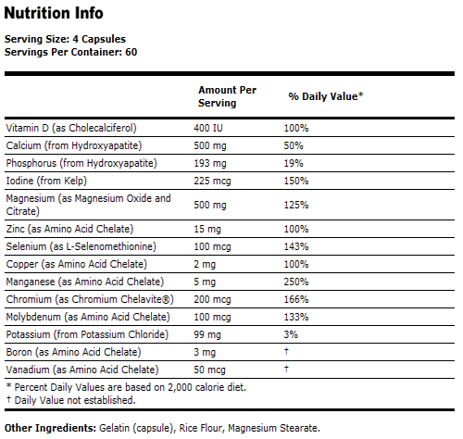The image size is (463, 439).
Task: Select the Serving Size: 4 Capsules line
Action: (65, 39)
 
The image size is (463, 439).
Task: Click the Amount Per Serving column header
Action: (227, 96)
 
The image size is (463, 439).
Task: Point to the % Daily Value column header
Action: (325, 96)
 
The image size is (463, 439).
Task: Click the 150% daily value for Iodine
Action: (296, 180)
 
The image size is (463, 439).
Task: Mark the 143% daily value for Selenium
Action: (296, 245)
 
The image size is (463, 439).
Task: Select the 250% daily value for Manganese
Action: (296, 281)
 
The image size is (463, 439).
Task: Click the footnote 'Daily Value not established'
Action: (73, 400)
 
